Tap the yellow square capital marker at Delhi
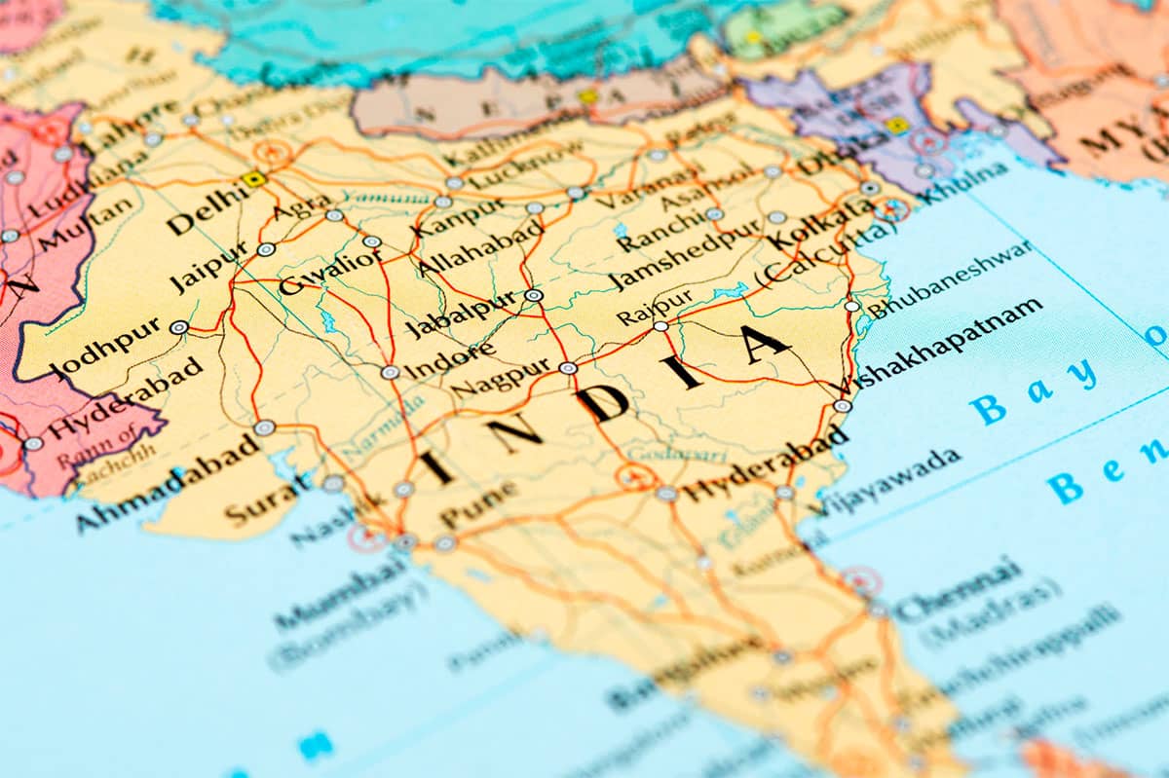(255, 178)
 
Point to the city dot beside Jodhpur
(178, 327)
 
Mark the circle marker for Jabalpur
(533, 295)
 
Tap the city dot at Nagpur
(568, 368)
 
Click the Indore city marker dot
(390, 372)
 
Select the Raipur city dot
(661, 326)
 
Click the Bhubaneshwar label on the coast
(950, 278)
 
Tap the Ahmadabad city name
(167, 484)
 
